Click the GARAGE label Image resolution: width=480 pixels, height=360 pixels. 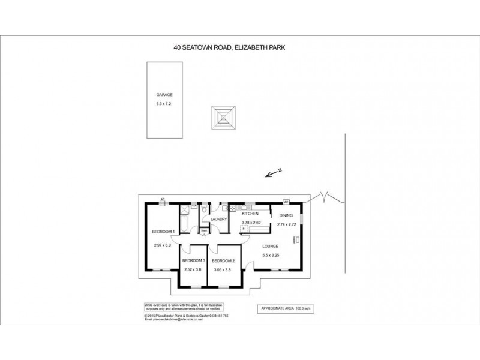point(164,95)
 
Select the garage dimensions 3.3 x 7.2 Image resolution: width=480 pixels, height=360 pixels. point(164,104)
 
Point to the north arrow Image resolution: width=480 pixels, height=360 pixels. point(274,173)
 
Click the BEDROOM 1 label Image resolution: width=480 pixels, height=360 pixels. point(163,232)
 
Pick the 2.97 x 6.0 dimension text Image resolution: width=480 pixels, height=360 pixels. point(163,244)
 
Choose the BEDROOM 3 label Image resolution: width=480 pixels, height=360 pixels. point(194,260)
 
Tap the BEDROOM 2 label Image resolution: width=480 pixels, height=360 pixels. point(223,260)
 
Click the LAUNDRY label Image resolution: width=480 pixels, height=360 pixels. point(218,220)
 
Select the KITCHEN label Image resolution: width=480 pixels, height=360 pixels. point(250,214)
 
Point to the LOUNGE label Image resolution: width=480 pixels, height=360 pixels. point(271,246)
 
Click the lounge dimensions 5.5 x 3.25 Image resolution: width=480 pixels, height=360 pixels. point(271,256)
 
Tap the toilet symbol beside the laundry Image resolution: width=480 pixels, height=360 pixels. point(205,211)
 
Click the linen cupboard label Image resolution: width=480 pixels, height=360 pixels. point(204,230)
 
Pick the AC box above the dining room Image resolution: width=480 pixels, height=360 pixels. point(286,201)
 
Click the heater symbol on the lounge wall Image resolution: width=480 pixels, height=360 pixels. point(295,239)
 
